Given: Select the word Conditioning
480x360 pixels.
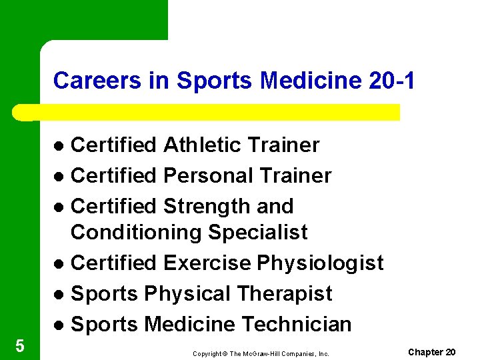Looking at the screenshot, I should [136, 233].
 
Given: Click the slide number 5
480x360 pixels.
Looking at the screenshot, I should [19, 346].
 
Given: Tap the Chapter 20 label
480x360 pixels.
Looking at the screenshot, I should [431, 351].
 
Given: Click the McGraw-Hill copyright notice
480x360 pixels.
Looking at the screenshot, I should [261, 353].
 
